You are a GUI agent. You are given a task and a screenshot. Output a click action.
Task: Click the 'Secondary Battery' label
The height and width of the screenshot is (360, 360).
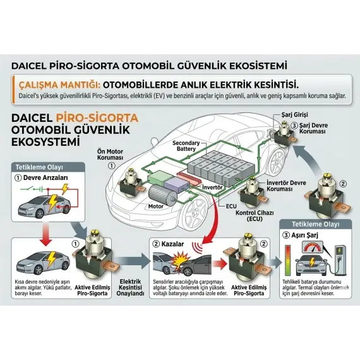click(186, 146)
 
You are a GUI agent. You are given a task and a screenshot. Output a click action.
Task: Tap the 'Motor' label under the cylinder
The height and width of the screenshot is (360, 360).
click(155, 207)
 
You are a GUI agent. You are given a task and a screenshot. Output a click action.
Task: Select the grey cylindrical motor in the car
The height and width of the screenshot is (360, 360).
click(163, 195)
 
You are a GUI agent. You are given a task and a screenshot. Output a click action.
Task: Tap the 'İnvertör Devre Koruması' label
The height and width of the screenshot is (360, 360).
click(286, 186)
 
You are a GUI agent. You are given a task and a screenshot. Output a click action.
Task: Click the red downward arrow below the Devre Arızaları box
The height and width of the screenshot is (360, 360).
click(46, 234)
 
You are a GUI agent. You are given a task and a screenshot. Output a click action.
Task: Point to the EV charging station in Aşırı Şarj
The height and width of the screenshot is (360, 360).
click(340, 260)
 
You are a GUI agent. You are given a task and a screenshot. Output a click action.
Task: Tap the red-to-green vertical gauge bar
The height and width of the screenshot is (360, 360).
click(287, 260)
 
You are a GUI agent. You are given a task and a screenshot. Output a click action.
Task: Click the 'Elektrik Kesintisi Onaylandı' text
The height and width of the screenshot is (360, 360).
click(130, 287)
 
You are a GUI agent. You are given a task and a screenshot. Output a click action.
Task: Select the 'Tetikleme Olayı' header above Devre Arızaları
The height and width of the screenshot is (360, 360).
click(39, 167)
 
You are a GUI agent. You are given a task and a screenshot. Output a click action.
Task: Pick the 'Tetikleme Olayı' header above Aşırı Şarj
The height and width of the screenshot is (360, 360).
click(315, 224)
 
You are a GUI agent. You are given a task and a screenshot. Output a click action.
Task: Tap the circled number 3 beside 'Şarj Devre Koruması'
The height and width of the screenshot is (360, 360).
click(294, 126)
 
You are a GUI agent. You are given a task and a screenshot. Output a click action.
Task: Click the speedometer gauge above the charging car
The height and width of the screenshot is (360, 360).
click(313, 248)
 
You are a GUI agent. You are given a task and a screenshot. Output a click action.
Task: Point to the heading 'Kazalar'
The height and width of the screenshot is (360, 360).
click(172, 244)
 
